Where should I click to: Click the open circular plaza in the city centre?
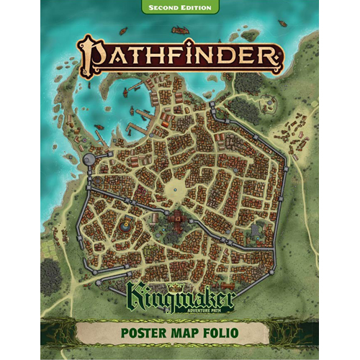pyautogui.click(x=175, y=189)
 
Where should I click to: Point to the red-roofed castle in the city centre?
pyautogui.click(x=175, y=220)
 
